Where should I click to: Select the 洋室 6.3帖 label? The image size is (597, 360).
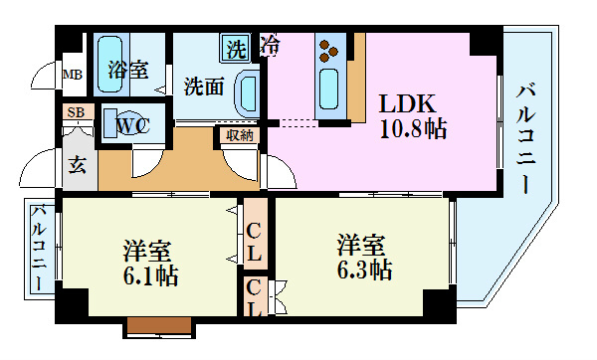[x=362, y=258]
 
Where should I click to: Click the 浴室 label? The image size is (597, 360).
[x=128, y=71]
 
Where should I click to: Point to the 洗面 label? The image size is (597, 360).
[x=204, y=87]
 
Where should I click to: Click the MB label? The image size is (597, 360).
[x=73, y=75]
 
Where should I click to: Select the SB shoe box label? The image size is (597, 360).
[x=76, y=112]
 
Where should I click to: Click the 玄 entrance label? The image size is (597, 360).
[x=77, y=164]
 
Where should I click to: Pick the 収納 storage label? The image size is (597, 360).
[x=239, y=135]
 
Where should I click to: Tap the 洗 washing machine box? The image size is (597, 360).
[x=236, y=46]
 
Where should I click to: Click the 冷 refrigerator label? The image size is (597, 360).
[x=270, y=45]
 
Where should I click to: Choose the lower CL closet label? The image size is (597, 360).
[x=255, y=296]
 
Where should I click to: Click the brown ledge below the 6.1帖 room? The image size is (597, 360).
[x=158, y=324]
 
